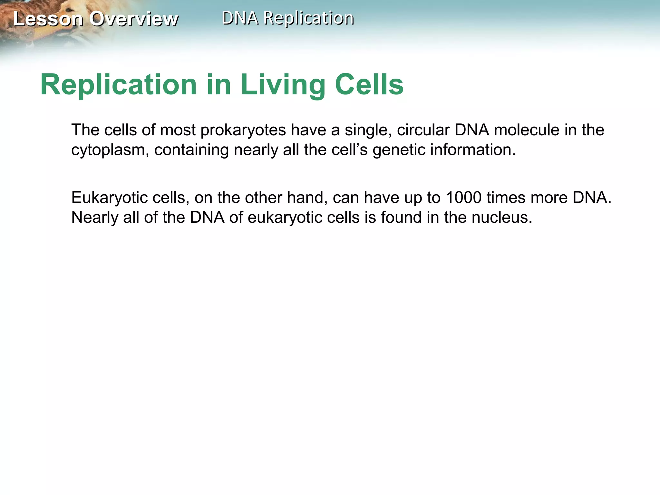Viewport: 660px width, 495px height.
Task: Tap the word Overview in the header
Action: coord(134,19)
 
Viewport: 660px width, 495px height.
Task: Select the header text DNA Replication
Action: coord(288,18)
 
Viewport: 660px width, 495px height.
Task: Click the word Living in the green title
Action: coord(283,85)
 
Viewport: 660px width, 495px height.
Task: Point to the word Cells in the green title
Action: coord(369,85)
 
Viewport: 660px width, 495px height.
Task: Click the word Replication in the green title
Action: coord(119,85)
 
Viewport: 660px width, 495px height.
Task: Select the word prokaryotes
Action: coord(243,130)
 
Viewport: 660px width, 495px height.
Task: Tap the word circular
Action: coord(423,130)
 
